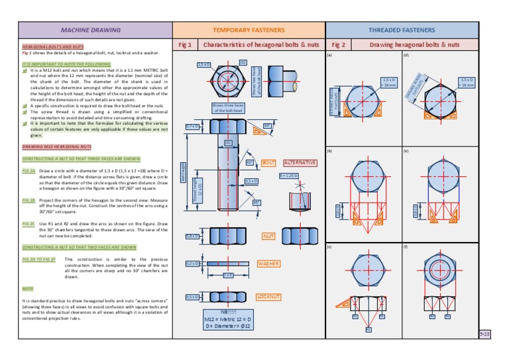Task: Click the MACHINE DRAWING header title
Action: coord(91,30)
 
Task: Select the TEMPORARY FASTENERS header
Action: coord(249,30)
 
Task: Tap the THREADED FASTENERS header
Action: coord(402,30)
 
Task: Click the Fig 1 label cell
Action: coord(186,44)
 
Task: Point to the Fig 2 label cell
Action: coord(338,44)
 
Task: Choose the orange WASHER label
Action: coord(269,263)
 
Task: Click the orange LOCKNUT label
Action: coord(270,296)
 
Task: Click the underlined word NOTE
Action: coord(28,288)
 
